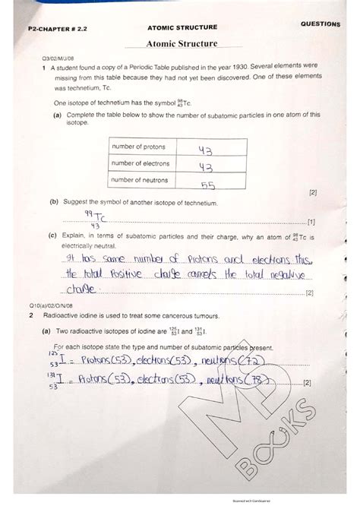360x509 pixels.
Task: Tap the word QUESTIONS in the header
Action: pos(320,24)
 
